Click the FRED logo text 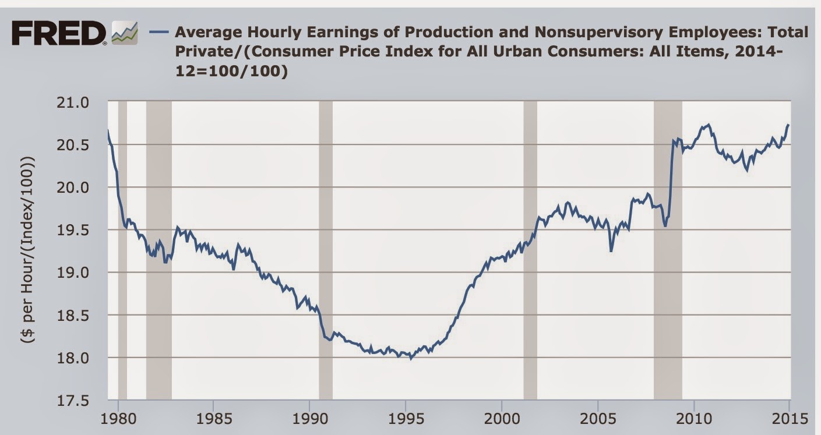coord(58,34)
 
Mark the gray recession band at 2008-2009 coord(668,250)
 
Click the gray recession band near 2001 coord(530,250)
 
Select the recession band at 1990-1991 coord(326,250)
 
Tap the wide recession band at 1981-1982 coord(158,250)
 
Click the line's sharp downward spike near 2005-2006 coord(611,251)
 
